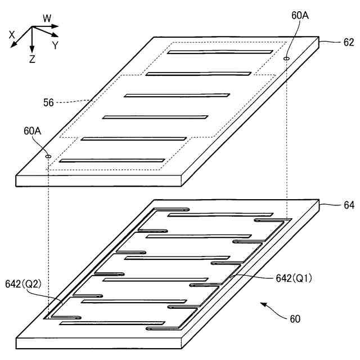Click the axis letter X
pos(12,34)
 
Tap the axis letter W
pos(47,19)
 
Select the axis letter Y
pos(55,46)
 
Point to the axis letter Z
pos(32,58)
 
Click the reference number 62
pos(349,42)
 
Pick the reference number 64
pos(349,205)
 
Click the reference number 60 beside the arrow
pos(295,319)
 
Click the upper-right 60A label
pos(300,16)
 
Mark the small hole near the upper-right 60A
pos(286,57)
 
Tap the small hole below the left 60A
pos(48,156)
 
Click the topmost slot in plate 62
pos(220,52)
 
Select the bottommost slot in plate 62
pos(112,160)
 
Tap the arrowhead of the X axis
pos(15,43)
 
